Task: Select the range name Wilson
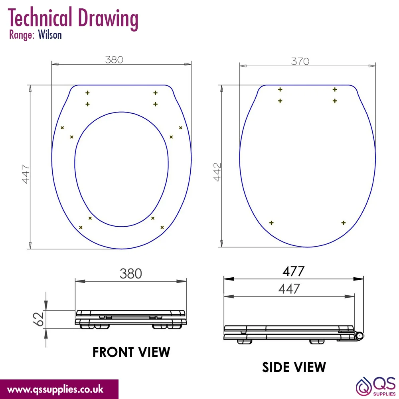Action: (x=50, y=35)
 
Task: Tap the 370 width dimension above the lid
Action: (x=300, y=61)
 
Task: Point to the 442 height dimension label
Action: (x=217, y=172)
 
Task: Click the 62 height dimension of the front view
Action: (x=38, y=319)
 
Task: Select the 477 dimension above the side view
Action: (x=293, y=271)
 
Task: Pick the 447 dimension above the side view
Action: (x=289, y=289)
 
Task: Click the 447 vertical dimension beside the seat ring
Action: (x=26, y=174)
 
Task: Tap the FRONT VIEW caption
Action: (x=131, y=352)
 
